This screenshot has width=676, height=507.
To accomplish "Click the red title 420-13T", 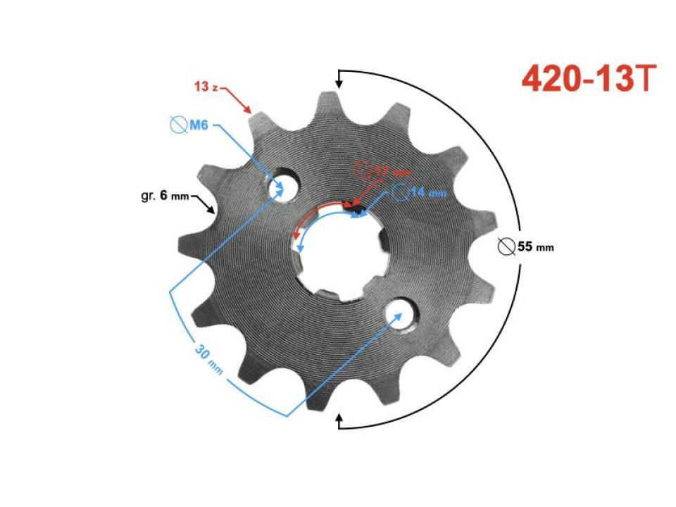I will tap(589, 79).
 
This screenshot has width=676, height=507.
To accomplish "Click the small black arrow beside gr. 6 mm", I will tap(206, 205).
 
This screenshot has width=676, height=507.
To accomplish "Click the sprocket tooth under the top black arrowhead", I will tap(330, 106).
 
